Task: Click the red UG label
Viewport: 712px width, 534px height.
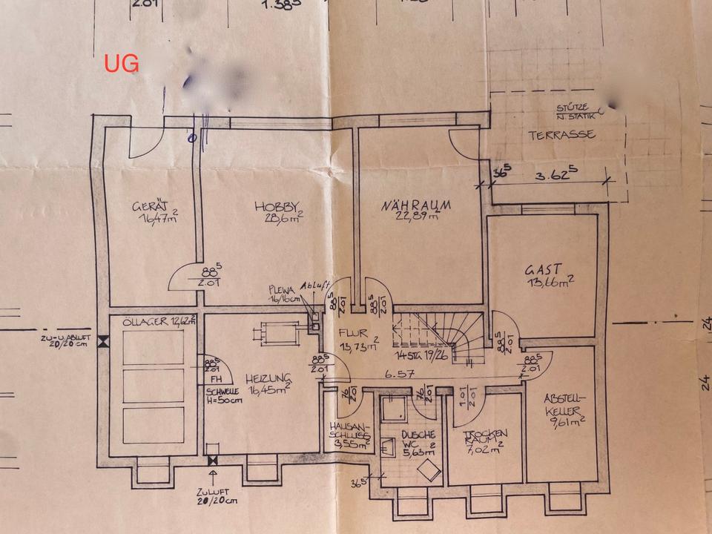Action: click(x=121, y=64)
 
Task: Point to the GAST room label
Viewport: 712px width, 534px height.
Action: click(x=543, y=269)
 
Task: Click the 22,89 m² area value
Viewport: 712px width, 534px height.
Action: click(x=417, y=217)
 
